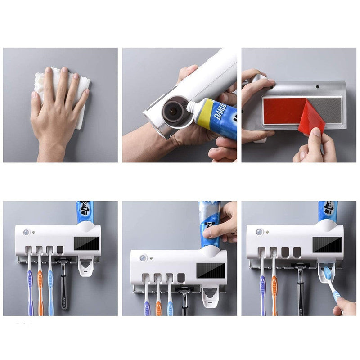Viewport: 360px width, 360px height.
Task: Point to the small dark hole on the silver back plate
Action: tap(317, 86)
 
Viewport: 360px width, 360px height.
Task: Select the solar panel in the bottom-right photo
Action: tap(327, 245)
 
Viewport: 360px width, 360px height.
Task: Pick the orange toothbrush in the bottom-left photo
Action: tap(40, 288)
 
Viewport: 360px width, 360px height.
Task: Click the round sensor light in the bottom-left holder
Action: tap(27, 233)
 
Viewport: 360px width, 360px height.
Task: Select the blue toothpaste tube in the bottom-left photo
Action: tap(84, 211)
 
